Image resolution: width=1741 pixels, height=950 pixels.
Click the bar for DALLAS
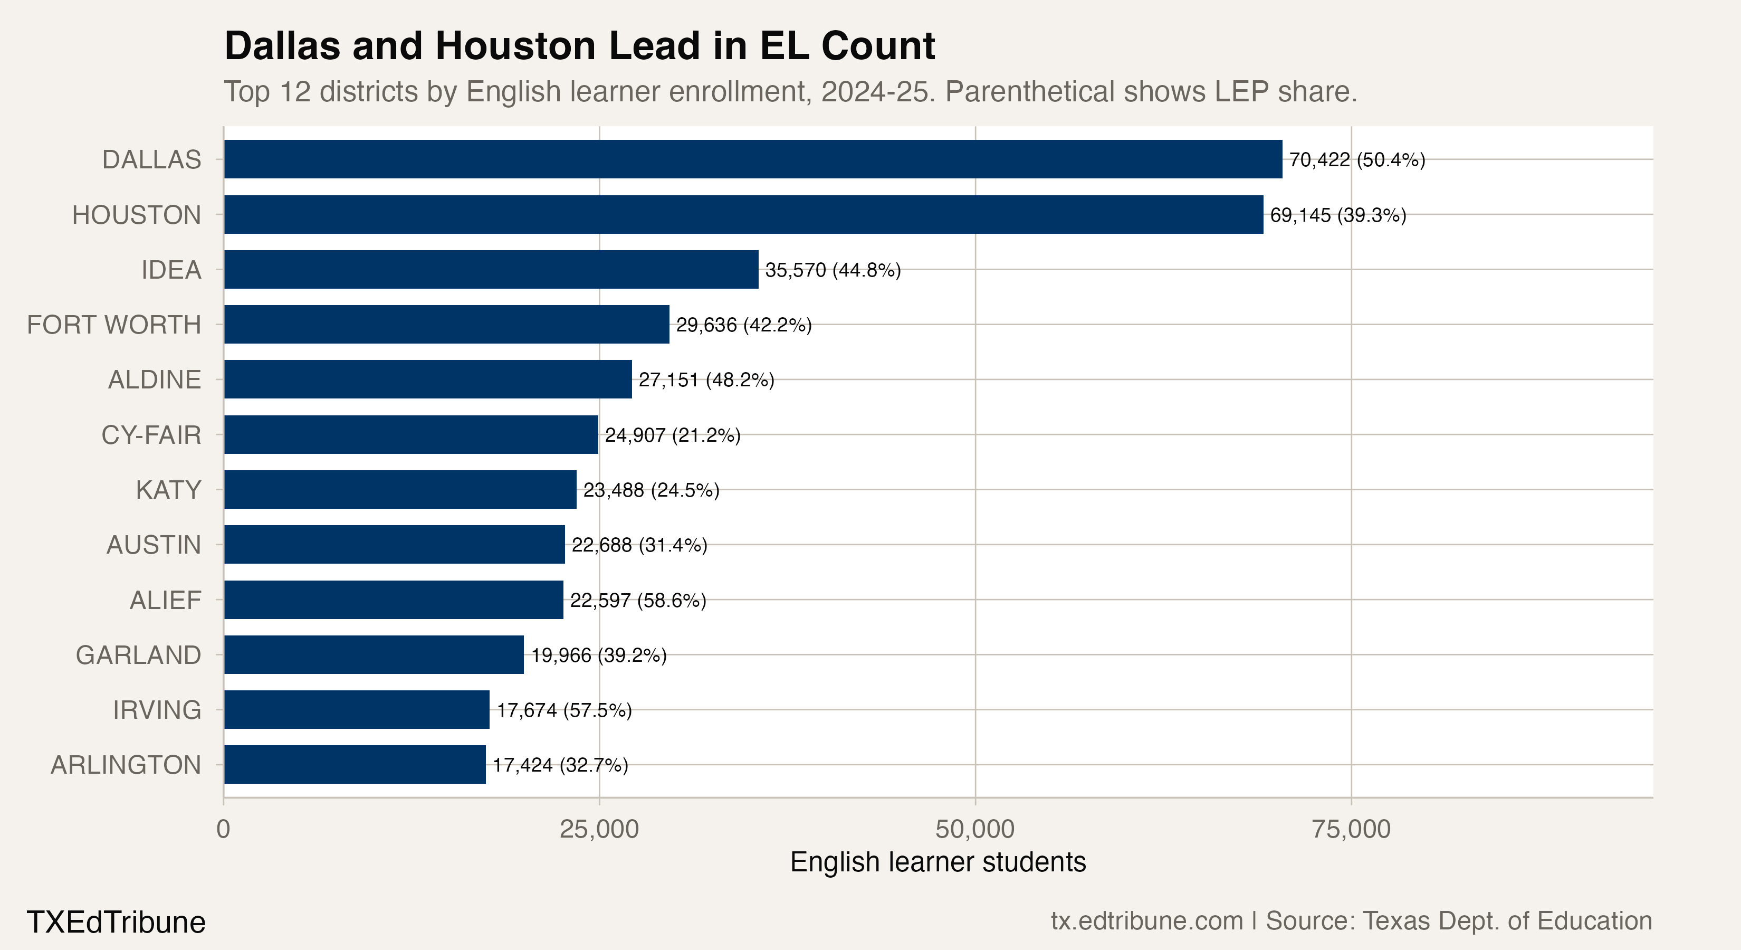coord(753,159)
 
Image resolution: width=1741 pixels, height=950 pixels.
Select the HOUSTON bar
coord(743,215)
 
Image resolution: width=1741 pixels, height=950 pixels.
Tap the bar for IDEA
coord(491,270)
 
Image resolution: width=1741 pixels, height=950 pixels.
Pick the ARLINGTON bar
coord(355,765)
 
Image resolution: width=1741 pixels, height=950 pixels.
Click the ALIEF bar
coord(394,600)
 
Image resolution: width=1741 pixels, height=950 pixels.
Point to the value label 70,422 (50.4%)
coord(1356,160)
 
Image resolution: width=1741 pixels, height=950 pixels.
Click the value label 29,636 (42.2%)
coord(743,325)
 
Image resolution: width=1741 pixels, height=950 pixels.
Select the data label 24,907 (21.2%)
coord(673,435)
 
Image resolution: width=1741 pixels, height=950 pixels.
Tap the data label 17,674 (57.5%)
coord(565,710)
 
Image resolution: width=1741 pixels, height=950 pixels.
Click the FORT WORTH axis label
coord(113,325)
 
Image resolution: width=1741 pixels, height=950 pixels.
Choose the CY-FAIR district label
coord(151,435)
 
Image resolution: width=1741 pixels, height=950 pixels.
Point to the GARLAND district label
coord(139,655)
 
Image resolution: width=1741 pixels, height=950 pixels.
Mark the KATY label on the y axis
coord(168,490)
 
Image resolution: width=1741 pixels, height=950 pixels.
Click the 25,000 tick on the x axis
coord(599,829)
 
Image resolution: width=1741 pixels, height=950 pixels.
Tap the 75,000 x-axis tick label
coord(1351,829)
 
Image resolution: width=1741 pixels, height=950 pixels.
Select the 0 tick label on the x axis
coord(224,829)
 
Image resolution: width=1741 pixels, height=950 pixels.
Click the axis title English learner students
coord(938,863)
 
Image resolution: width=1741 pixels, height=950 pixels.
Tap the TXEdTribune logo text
coord(116,922)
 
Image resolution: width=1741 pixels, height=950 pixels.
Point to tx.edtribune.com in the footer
coord(1146,921)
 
